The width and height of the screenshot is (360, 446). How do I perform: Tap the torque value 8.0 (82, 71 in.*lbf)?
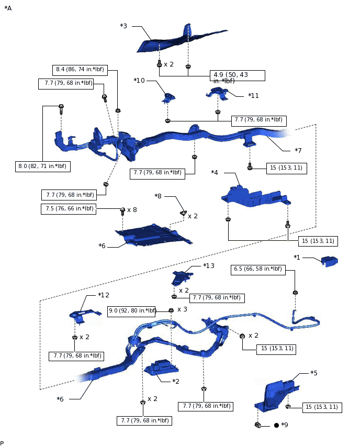tap(43, 166)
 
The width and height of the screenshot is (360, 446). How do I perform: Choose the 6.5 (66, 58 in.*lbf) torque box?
tap(257, 270)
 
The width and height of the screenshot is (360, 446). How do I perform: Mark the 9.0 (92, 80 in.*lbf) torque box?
tap(132, 311)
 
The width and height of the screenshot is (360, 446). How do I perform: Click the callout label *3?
tap(123, 26)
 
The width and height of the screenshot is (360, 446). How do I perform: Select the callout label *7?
tap(298, 151)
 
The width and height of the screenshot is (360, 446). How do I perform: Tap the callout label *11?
tap(253, 95)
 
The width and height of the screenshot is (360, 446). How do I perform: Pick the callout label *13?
tap(209, 266)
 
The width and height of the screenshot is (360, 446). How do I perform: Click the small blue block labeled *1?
tap(329, 261)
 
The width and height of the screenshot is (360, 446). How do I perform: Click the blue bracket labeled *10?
tap(168, 98)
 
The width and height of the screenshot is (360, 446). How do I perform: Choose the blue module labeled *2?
tap(160, 368)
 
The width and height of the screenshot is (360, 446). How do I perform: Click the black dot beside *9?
tap(276, 425)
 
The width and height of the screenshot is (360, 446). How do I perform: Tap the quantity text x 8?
tap(132, 209)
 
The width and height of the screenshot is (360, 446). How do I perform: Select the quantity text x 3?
tap(182, 309)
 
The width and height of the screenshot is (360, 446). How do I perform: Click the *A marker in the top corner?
tap(8, 8)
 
